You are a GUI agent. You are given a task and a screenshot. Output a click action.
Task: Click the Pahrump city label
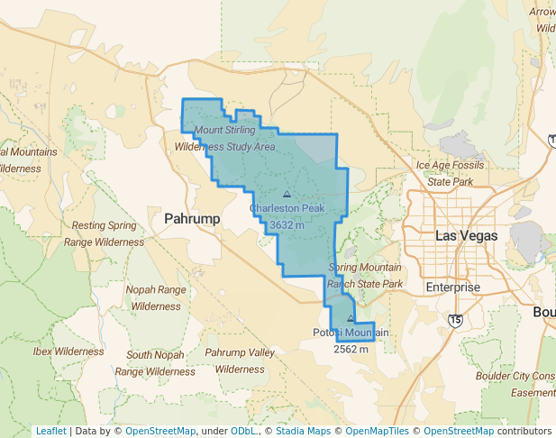[x=192, y=218]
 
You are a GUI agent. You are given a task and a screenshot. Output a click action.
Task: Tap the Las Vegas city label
[x=466, y=235]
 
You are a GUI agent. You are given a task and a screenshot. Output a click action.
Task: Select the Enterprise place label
[x=453, y=287]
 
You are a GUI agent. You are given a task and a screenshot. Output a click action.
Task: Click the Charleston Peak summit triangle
[x=287, y=194]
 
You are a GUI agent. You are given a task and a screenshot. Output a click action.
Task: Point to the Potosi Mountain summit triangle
[x=351, y=318]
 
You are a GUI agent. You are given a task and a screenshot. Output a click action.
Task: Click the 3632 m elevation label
[x=287, y=225]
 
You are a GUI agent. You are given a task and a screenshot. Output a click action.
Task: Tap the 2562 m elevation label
[x=351, y=349]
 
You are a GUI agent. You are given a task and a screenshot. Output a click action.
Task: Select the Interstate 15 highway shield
[x=455, y=320]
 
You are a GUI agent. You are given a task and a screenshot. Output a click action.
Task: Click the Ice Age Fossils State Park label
[x=451, y=173]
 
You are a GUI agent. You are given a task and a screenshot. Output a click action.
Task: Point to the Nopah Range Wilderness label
[x=156, y=298]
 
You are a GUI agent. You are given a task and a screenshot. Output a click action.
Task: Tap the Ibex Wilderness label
[x=69, y=351]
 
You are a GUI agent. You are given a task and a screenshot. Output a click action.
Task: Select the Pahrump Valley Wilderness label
[x=240, y=360]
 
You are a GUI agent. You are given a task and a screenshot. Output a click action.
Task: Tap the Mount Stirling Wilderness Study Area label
[x=224, y=138]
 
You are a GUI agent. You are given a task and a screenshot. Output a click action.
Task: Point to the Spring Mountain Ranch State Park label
[x=365, y=276]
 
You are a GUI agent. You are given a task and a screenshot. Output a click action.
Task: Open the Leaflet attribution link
[x=50, y=431]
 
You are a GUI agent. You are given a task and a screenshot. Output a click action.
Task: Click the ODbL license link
[x=243, y=431]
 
